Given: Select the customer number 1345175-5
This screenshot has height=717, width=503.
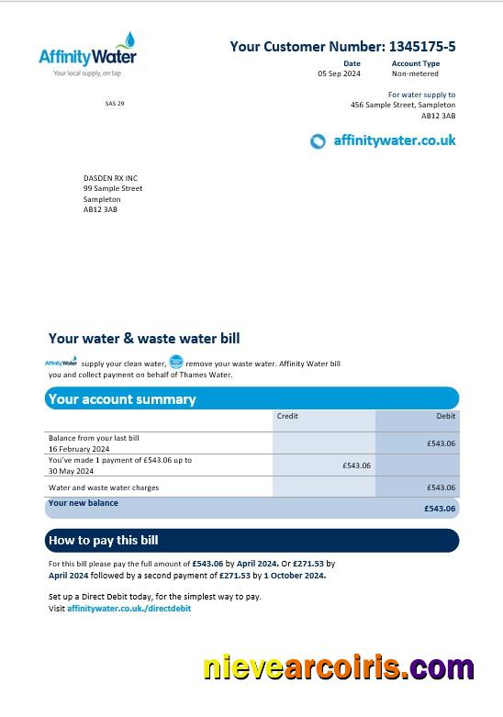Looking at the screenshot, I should tap(422, 46).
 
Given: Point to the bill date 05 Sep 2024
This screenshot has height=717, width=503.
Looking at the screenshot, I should tap(339, 73).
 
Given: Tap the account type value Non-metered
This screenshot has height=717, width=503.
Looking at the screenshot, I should tap(415, 73).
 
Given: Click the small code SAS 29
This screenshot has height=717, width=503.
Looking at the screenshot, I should tap(115, 104).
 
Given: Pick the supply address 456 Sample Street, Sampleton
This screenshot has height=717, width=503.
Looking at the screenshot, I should tap(403, 105).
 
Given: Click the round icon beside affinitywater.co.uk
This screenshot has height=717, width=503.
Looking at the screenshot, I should tap(318, 141).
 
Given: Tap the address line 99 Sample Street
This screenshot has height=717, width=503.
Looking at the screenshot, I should tap(113, 188).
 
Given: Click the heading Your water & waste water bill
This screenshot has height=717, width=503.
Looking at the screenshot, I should tap(144, 339).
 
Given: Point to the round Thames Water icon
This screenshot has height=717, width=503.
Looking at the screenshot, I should tap(176, 363).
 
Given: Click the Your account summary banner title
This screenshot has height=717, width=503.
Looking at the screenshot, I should tap(122, 399).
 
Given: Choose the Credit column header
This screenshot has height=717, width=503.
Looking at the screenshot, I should tap(287, 416).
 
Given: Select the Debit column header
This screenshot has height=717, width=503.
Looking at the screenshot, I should tap(445, 416).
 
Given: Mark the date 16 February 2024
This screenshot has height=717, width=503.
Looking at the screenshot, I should tap(79, 449).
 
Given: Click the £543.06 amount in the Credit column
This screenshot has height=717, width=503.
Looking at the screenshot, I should tap(356, 465).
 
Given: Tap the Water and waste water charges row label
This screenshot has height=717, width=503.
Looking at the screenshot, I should tap(104, 487).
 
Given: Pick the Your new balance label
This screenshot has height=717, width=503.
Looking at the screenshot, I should tap(84, 503).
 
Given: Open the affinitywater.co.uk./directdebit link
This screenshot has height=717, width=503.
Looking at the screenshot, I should tap(129, 609).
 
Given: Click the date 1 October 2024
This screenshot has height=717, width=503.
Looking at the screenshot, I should tap(295, 576).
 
